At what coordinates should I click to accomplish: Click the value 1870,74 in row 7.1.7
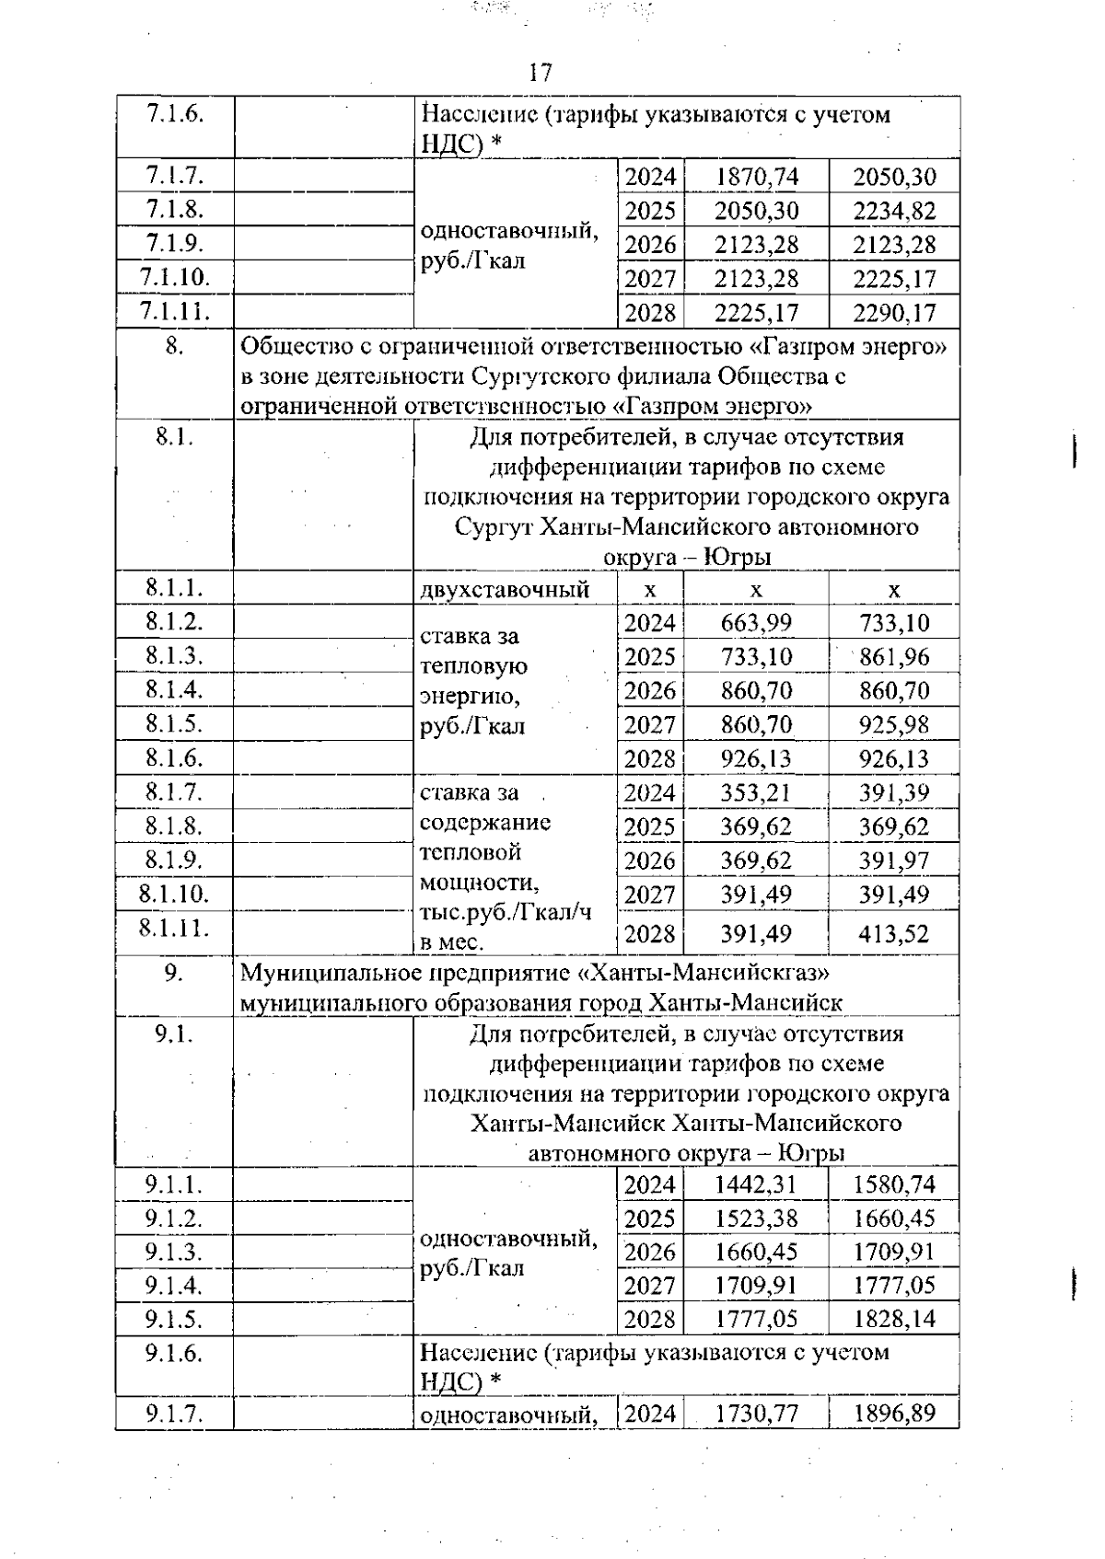pos(756,177)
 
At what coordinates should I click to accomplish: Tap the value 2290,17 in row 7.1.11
pos(893,313)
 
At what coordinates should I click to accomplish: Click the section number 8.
pos(174,347)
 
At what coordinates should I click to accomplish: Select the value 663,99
pos(756,623)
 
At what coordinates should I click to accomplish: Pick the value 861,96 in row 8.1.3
pos(893,657)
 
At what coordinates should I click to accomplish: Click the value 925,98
pos(893,725)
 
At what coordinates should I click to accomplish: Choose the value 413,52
pos(893,934)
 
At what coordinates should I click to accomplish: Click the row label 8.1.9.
pos(174,859)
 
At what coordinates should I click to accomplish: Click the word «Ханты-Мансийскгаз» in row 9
pos(705,972)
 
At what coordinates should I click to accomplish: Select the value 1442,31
pos(756,1184)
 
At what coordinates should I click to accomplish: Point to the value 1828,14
pos(893,1319)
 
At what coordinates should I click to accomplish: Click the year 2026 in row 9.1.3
pos(649,1253)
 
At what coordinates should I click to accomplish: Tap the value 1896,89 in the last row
pos(893,1413)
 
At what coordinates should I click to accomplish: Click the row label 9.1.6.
pos(174,1353)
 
